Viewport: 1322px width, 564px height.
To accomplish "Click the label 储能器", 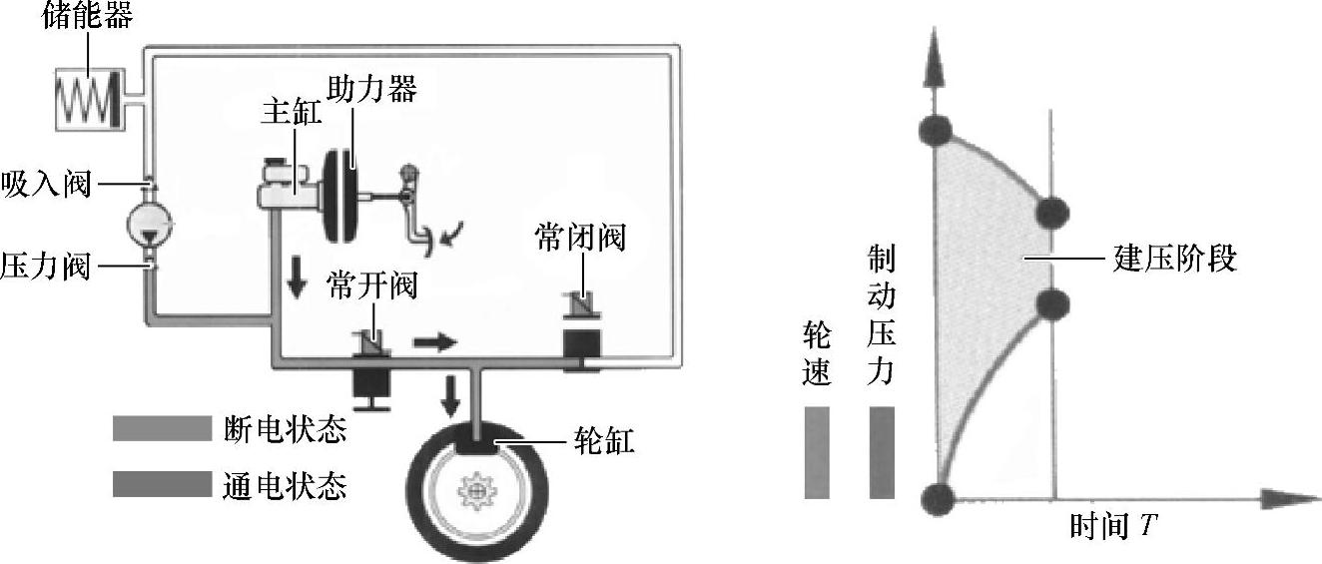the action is coord(88,16).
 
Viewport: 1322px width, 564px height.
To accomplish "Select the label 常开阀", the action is coord(370,286).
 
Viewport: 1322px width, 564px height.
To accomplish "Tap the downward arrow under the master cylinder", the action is coord(297,282).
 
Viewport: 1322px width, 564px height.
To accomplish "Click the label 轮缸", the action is coord(604,440).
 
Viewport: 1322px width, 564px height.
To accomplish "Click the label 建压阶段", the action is coord(1174,261).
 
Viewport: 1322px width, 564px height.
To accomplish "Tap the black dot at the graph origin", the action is coord(937,495).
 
